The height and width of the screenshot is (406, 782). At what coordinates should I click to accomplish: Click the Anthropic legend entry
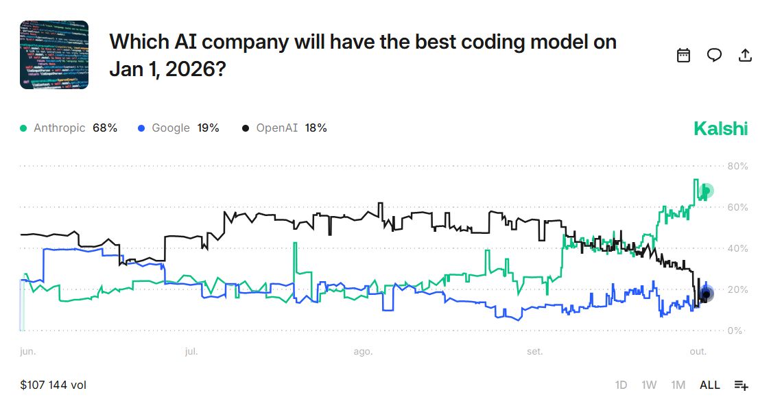69,128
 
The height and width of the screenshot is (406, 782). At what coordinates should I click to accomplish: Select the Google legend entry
178,128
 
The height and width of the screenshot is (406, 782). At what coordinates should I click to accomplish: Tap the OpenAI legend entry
284,128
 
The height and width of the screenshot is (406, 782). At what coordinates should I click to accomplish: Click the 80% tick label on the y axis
737,166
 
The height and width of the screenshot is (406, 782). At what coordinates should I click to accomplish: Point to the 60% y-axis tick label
737,207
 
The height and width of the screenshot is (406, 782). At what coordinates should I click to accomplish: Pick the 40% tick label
737,248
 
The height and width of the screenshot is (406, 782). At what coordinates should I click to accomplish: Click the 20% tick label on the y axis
737,289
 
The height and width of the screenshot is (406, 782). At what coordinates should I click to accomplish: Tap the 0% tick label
735,331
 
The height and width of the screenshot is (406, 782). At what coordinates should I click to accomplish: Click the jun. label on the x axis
27,352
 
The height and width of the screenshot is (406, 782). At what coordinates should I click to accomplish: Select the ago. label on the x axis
363,352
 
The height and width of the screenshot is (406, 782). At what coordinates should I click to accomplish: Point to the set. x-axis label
534,352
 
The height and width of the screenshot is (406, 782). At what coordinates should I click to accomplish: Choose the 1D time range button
621,385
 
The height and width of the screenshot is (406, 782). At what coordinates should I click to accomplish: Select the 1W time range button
649,385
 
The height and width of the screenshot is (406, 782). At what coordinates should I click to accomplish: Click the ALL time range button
709,385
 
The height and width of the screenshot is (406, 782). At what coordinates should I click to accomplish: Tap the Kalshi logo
720,128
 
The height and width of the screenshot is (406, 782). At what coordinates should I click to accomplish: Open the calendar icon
683,56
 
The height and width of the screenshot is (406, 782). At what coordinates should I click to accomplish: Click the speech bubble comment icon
714,56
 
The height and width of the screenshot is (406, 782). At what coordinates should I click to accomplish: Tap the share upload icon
745,56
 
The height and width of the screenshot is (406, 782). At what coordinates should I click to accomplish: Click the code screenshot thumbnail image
54,55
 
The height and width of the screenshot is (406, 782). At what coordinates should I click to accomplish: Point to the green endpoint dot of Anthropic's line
706,191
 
